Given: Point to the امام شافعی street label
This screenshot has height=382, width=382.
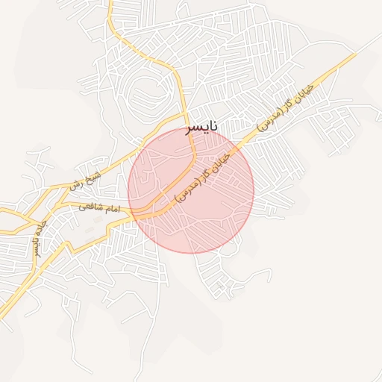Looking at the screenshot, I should [x=99, y=208].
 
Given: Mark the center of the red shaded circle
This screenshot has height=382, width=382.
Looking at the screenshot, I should [x=191, y=190].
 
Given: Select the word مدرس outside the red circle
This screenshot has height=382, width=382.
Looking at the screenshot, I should [x=271, y=119].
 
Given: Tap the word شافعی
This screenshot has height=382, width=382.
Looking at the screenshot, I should [x=91, y=207].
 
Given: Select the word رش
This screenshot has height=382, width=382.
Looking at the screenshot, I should [x=77, y=183].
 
